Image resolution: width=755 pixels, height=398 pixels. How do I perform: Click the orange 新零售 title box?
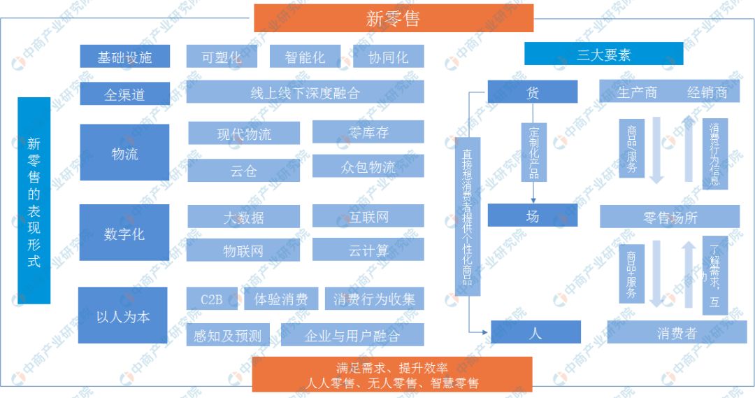click(x=393, y=18)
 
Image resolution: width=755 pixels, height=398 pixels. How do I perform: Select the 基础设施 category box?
click(x=124, y=57)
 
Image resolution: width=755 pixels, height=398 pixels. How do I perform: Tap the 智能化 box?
click(x=305, y=57)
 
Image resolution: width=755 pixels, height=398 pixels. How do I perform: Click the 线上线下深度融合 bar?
click(x=305, y=92)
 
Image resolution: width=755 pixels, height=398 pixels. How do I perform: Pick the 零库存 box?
click(x=368, y=132)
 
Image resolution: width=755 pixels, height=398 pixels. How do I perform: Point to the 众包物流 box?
click(x=368, y=166)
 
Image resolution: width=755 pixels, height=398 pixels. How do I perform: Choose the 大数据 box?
click(x=243, y=217)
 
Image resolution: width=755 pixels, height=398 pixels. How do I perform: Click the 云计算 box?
click(x=368, y=250)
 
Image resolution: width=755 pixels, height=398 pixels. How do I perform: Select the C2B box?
click(x=211, y=299)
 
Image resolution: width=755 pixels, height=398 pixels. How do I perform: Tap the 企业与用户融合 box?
click(x=352, y=335)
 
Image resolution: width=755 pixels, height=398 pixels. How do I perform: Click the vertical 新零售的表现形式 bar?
click(x=34, y=201)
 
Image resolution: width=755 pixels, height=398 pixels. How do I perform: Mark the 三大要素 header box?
click(x=603, y=54)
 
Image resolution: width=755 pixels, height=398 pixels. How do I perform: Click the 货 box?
click(x=533, y=92)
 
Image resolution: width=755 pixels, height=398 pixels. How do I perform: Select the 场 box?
click(x=533, y=216)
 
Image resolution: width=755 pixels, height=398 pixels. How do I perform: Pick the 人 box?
click(x=535, y=333)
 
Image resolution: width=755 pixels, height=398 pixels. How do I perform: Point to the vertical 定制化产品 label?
click(x=534, y=152)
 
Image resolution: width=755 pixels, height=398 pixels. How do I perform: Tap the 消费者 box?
click(x=676, y=333)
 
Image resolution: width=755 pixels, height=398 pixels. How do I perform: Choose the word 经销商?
click(x=707, y=92)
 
